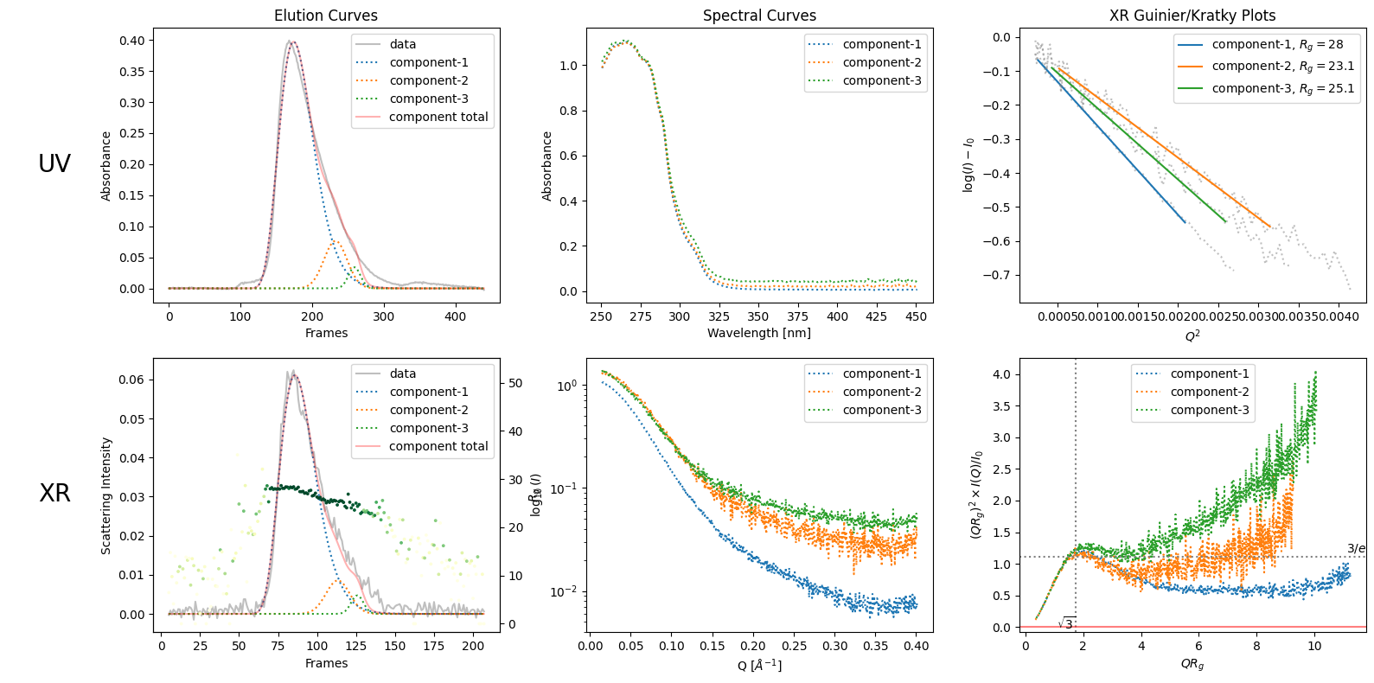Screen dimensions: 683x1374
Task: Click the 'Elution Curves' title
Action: pos(326,16)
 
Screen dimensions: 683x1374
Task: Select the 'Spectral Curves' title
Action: pos(759,16)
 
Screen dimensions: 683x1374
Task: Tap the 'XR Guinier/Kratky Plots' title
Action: pos(1192,16)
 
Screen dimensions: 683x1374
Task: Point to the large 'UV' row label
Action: pos(54,163)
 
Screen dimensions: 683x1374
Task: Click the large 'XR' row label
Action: pos(54,493)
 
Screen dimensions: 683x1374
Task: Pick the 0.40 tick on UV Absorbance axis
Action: pos(132,41)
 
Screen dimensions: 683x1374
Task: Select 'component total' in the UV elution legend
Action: pos(438,117)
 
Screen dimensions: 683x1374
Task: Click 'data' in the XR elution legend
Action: pos(403,373)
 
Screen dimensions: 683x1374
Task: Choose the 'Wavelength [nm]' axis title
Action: pos(759,333)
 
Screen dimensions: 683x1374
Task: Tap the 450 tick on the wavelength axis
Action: pos(917,316)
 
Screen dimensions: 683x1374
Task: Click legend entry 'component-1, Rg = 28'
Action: pos(1277,44)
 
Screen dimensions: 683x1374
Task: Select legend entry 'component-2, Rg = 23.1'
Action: pos(1282,66)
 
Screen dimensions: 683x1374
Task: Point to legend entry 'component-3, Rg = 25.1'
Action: pos(1282,88)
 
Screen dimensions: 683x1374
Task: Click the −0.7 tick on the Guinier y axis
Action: pos(1001,275)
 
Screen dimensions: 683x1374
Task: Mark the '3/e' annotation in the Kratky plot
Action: pos(1356,549)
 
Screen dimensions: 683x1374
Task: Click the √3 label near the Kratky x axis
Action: pos(1066,623)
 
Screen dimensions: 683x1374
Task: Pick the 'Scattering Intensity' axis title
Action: pos(106,495)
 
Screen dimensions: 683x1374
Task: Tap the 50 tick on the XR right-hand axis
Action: pos(515,383)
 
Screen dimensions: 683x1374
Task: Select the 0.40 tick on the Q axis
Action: pos(917,646)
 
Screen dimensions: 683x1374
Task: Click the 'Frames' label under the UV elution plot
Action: pos(326,333)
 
